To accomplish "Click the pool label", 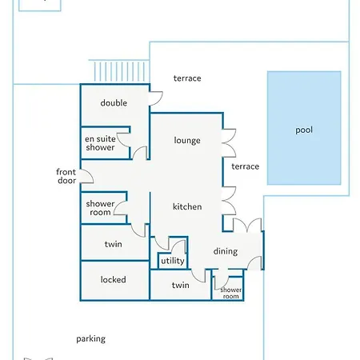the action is [304, 130].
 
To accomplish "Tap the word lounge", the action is [187, 140].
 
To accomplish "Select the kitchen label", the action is [187, 206].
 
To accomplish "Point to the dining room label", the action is [226, 251].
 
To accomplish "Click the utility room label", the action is [173, 261].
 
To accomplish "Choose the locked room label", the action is [114, 279].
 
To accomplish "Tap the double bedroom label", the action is [114, 103].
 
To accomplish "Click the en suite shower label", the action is [100, 143].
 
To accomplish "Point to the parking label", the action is [91, 339].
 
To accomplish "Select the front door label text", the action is [66, 176].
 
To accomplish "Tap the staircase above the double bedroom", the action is [119, 70].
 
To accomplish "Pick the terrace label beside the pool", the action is [246, 166].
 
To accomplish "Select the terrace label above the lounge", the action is [187, 78].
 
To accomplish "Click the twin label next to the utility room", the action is [181, 285].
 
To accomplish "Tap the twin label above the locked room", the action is [114, 244].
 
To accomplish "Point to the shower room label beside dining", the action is [231, 293].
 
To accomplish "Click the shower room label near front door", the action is [100, 208].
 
